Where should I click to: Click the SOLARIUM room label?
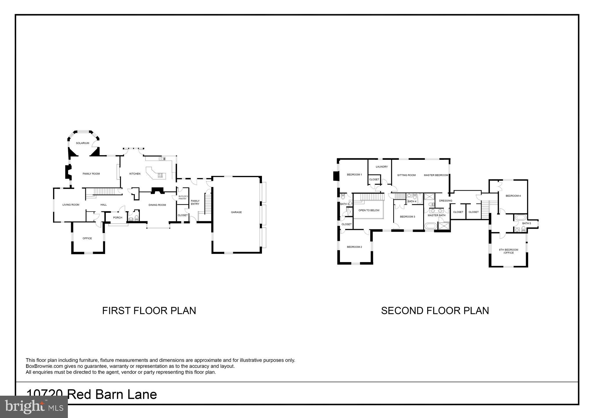pyautogui.click(x=82, y=143)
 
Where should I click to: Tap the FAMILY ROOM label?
pyautogui.click(x=91, y=174)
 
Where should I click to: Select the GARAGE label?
pyautogui.click(x=236, y=212)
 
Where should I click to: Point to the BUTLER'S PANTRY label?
pyautogui.click(x=183, y=197)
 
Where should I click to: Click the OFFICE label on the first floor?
pyautogui.click(x=87, y=238)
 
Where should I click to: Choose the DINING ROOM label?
pyautogui.click(x=157, y=205)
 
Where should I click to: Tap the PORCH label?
pyautogui.click(x=118, y=218)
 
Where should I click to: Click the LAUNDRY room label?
pyautogui.click(x=382, y=167)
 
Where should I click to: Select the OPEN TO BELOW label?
pyautogui.click(x=369, y=210)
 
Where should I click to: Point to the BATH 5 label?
pyautogui.click(x=526, y=223)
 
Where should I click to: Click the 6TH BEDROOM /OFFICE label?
pyautogui.click(x=508, y=251)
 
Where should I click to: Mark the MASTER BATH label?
pyautogui.click(x=437, y=215)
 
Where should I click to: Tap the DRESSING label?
pyautogui.click(x=445, y=201)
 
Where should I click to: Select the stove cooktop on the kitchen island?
pyautogui.click(x=160, y=175)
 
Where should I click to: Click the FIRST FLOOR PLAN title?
pyautogui.click(x=149, y=311)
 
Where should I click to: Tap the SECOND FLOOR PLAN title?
pyautogui.click(x=435, y=311)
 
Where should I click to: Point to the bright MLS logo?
pyautogui.click(x=34, y=407)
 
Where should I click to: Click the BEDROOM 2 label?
pyautogui.click(x=354, y=247)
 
